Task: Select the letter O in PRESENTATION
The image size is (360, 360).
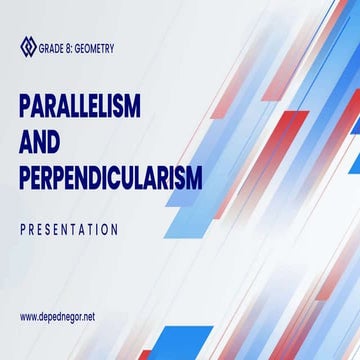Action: [103, 229]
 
